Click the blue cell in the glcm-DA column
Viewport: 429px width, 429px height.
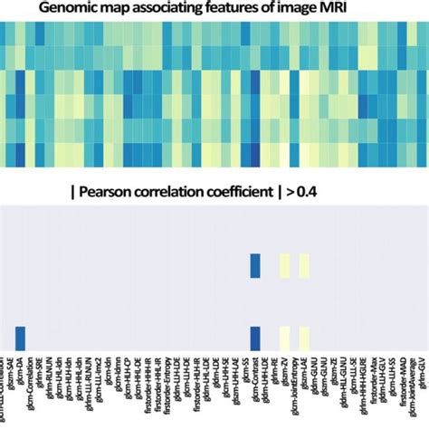click(x=19, y=338)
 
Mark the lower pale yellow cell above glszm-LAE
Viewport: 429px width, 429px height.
click(x=305, y=338)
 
